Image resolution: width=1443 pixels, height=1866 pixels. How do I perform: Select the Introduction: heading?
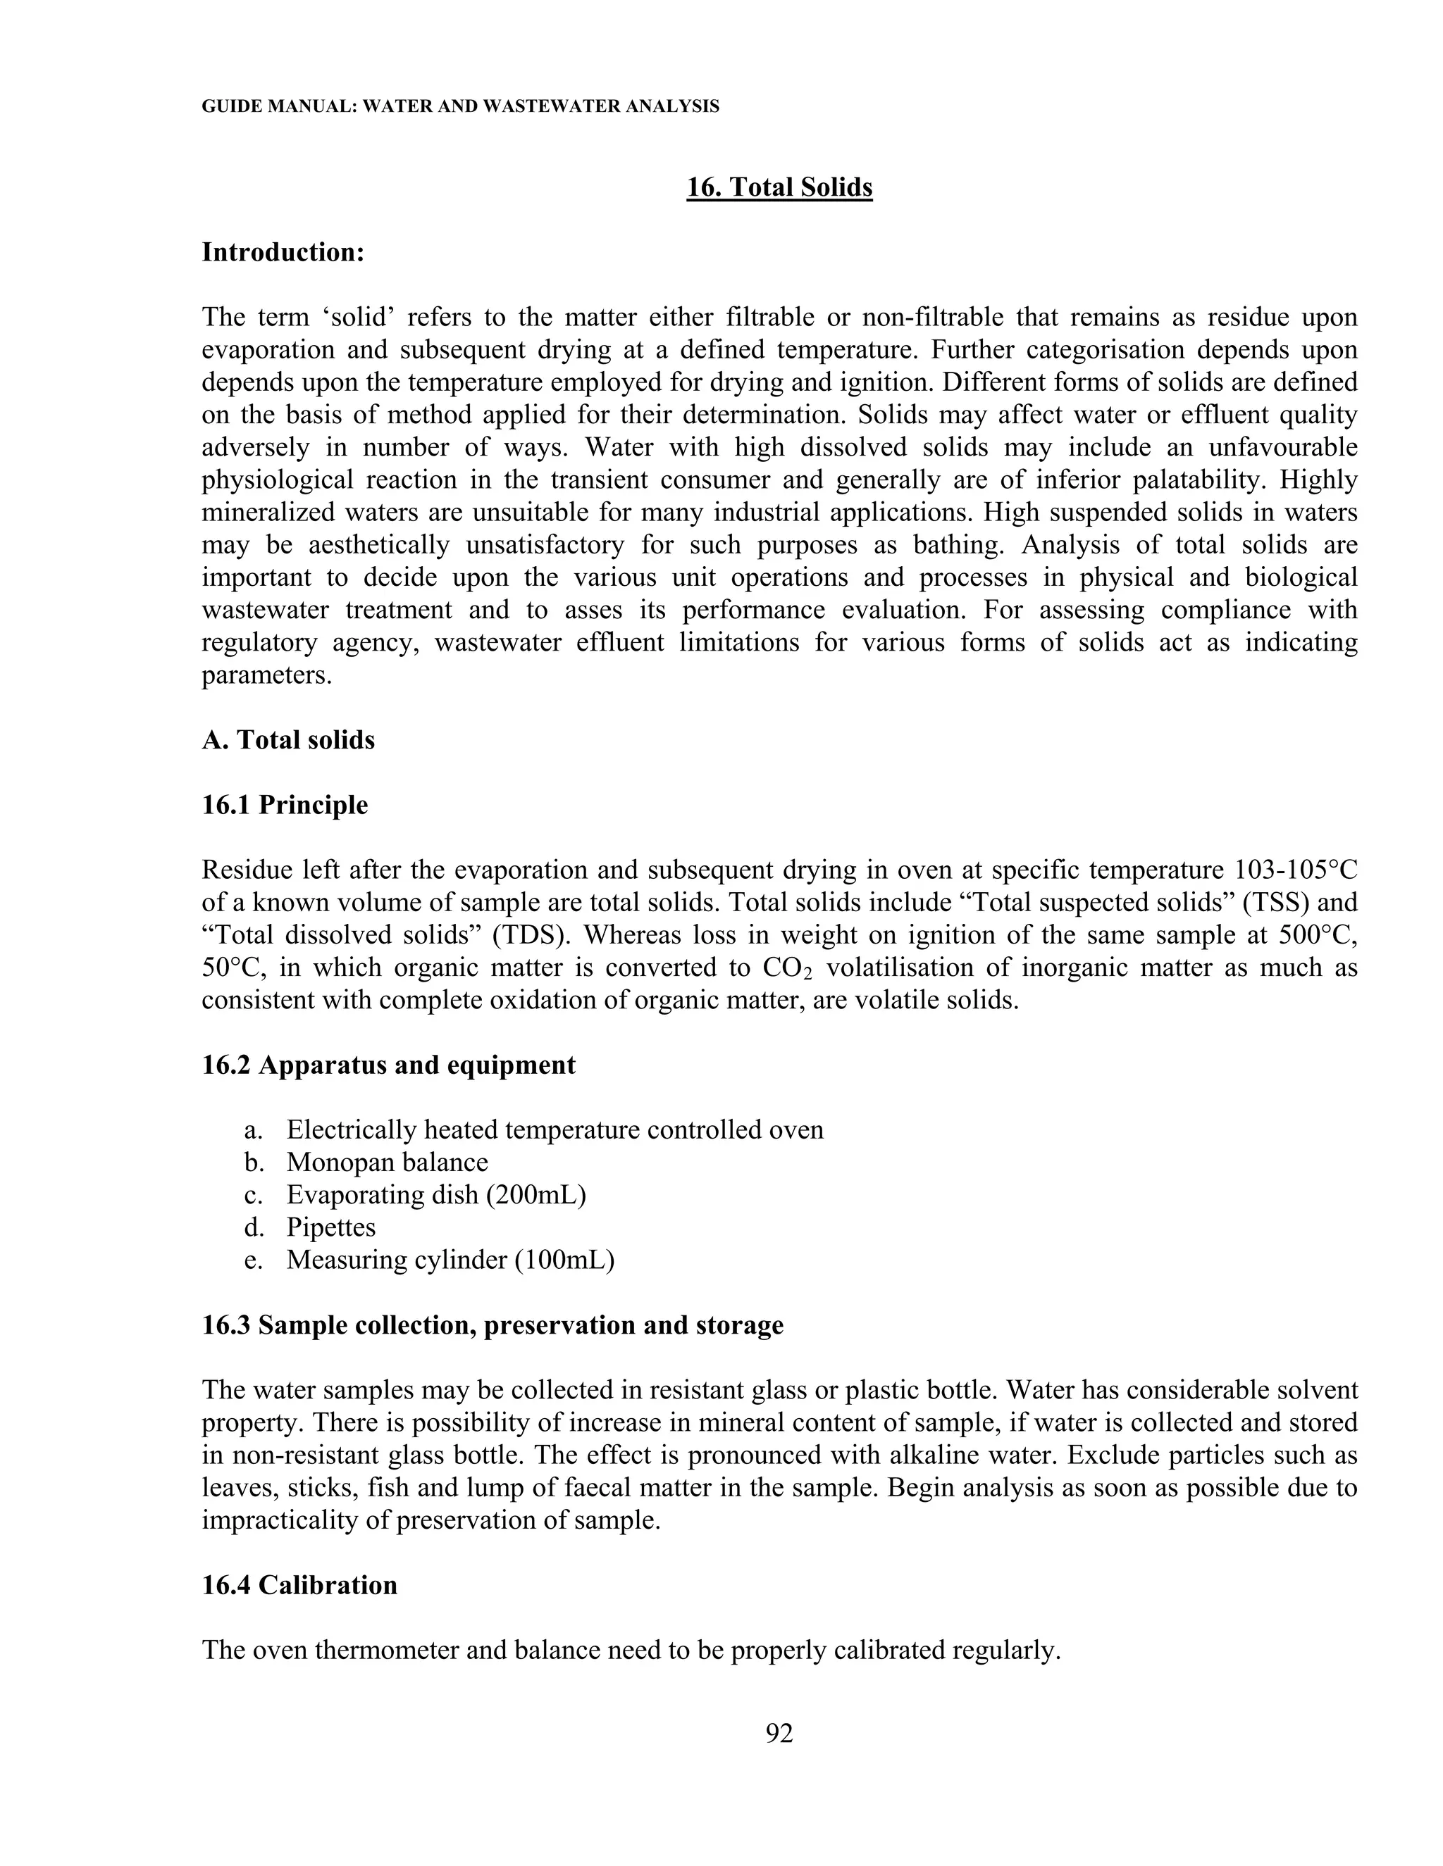tap(283, 252)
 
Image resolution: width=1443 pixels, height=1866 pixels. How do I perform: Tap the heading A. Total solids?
tap(288, 740)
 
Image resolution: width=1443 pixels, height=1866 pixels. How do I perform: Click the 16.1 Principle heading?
tap(285, 805)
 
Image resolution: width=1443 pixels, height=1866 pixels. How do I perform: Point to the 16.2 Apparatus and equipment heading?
tap(388, 1065)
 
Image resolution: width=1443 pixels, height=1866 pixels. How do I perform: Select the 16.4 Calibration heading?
tap(299, 1586)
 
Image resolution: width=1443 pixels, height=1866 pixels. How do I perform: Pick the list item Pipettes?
tap(331, 1227)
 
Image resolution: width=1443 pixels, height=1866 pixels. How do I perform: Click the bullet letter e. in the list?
tap(252, 1260)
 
